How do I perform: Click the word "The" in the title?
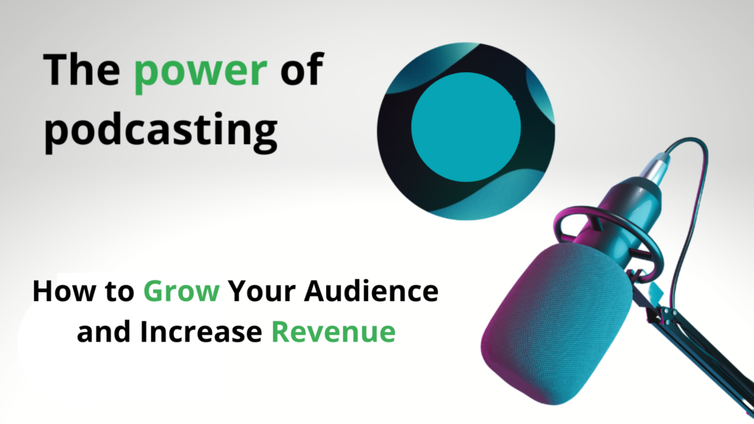(x=81, y=70)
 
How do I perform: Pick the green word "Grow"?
(x=181, y=291)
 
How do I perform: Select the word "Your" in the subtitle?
(x=262, y=291)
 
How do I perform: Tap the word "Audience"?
(x=371, y=291)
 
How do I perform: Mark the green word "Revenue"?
(x=334, y=332)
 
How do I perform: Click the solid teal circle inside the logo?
(x=466, y=127)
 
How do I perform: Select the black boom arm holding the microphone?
(x=697, y=346)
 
